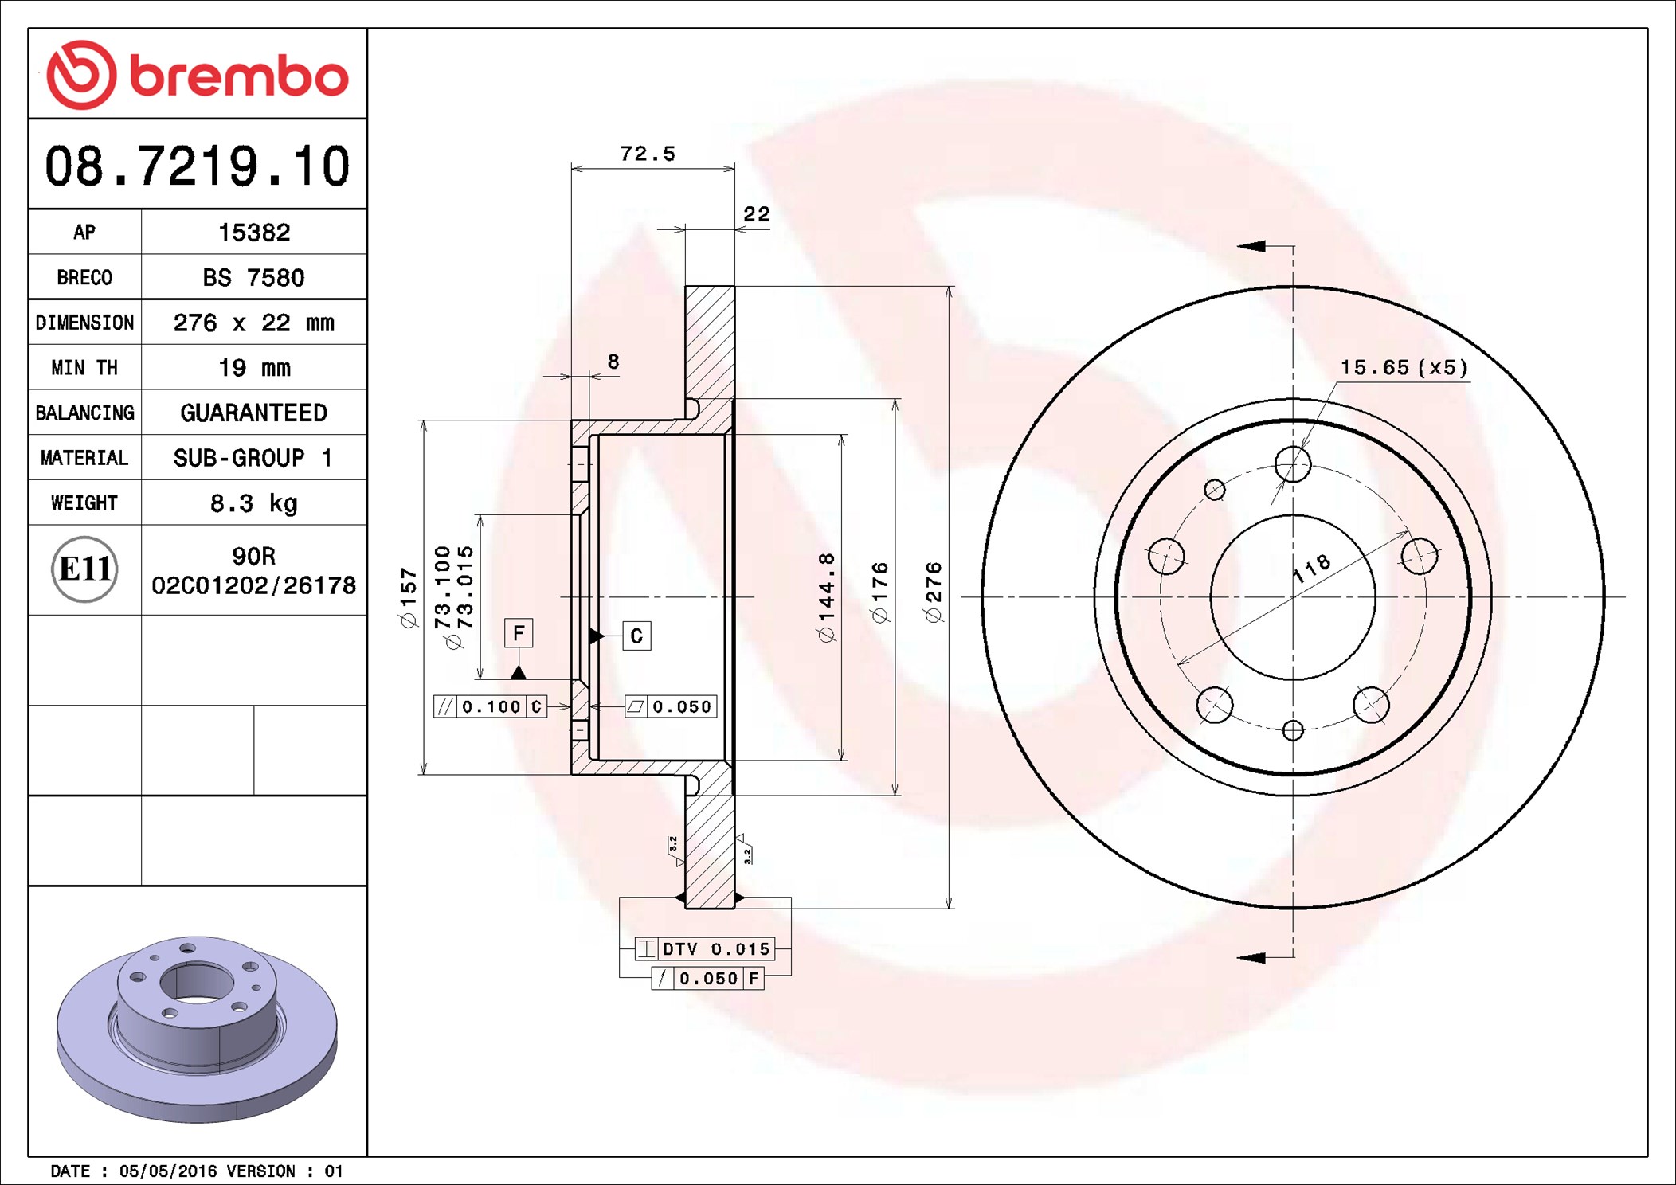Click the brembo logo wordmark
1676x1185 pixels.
coord(238,76)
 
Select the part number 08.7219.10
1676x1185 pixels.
coord(197,166)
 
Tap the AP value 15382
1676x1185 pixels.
coord(254,233)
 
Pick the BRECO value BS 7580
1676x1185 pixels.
coord(253,278)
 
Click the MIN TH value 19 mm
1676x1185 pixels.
coord(254,368)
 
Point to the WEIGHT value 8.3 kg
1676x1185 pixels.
coord(254,503)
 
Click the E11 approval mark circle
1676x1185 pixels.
coord(84,569)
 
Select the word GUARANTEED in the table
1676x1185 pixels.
coord(253,413)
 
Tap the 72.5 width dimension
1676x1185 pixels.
coord(647,154)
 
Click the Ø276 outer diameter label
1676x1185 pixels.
coord(933,592)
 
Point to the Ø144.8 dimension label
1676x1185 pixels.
coord(826,597)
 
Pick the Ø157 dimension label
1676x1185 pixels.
coord(409,597)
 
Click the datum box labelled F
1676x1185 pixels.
coord(519,633)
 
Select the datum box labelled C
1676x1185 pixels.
coord(636,636)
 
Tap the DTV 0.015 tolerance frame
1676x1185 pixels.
coord(704,948)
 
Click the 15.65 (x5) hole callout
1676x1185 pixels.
coord(1404,367)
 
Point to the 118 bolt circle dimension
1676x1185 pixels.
coord(1311,568)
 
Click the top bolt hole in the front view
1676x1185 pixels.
coord(1293,463)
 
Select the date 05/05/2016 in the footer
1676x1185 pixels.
coord(167,1171)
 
